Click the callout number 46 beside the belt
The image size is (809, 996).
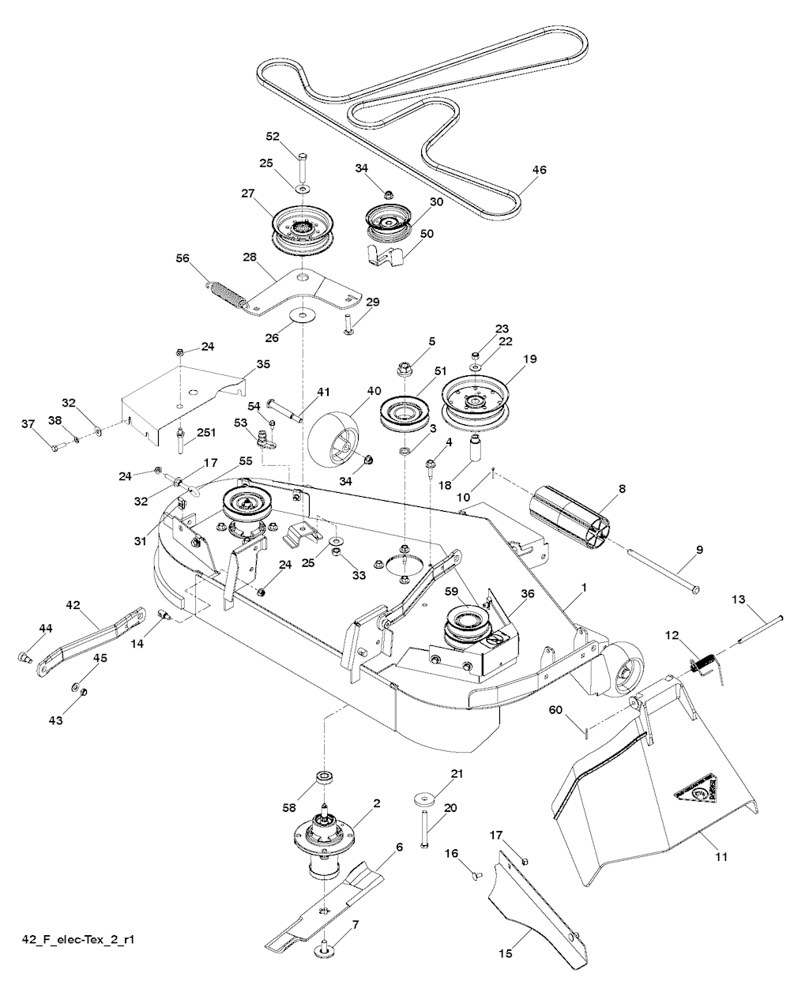coord(540,169)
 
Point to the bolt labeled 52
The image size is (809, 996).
coord(303,167)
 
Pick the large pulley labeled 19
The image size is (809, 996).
coord(475,400)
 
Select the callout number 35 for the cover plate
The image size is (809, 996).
coord(263,364)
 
